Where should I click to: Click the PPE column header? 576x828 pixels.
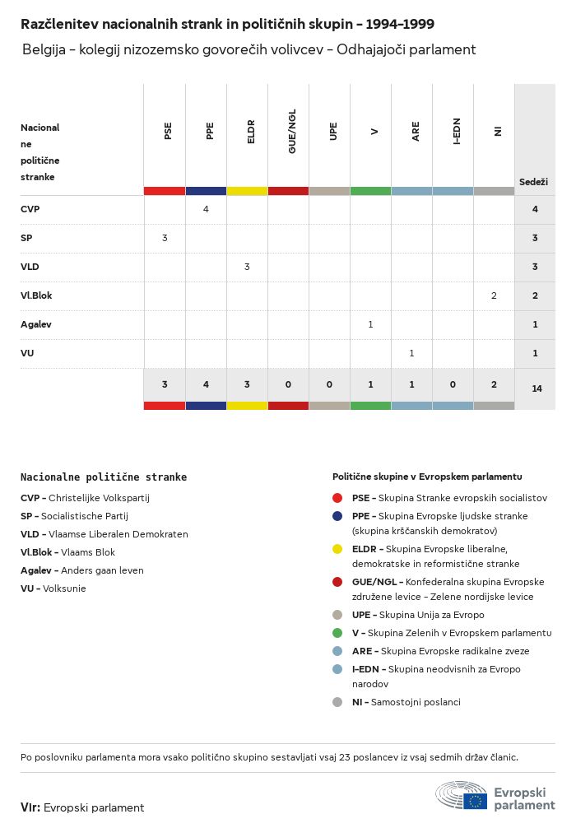210,131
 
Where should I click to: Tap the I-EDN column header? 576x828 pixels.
457,132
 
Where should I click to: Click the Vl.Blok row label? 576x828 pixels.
36,295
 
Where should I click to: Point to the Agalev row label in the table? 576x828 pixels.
36,324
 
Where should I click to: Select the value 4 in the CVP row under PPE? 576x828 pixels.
206,209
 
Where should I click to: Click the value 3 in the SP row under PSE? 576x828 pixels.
165,238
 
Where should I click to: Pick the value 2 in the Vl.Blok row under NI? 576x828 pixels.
494,295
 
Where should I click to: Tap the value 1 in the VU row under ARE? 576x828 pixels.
411,353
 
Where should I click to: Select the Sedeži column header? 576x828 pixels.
533,181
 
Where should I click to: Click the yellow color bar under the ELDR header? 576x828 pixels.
247,191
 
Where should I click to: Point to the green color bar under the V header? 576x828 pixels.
370,191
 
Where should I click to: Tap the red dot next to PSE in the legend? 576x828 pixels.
337,498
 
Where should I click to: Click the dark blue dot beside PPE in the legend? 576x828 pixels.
337,516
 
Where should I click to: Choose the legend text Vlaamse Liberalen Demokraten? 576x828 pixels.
118,534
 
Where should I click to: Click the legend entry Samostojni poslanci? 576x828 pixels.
416,702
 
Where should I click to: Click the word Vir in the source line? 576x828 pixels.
30,807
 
